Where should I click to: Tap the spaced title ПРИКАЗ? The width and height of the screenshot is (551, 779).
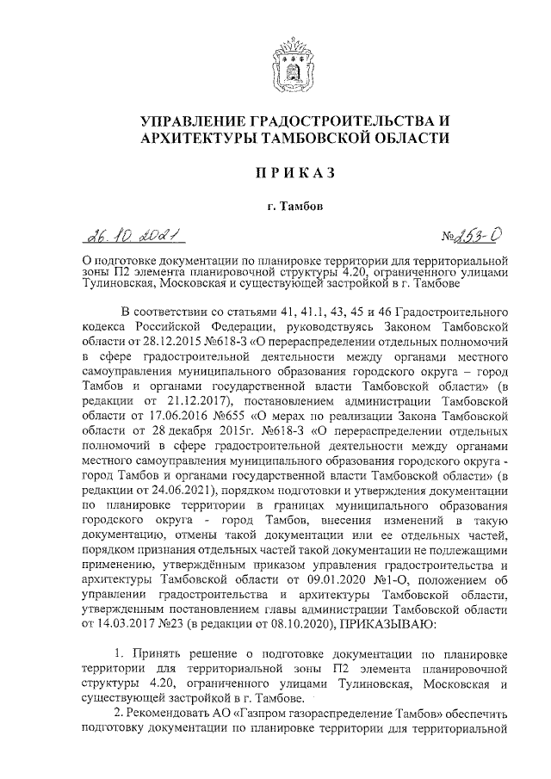click(275, 175)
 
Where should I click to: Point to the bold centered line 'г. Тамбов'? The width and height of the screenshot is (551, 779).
click(275, 207)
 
